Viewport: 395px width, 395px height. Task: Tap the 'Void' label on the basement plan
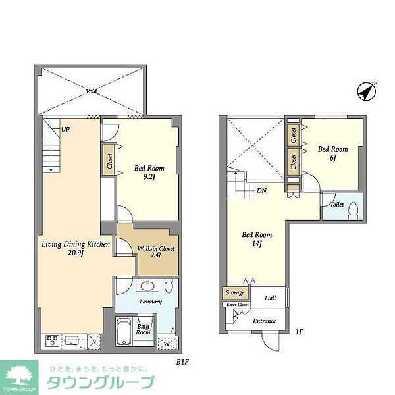tap(92, 91)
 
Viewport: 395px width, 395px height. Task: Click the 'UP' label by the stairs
tap(65, 130)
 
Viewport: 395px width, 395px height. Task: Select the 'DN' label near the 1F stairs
tap(262, 191)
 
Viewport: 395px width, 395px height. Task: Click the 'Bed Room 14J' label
tap(257, 239)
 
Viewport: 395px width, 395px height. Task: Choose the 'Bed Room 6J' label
tap(333, 154)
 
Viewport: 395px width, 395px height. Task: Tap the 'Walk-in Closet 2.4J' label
tap(155, 253)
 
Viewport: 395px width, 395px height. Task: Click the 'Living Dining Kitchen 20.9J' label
tap(71, 250)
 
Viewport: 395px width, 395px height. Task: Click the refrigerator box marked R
tap(95, 342)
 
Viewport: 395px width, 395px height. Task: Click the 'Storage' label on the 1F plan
tap(236, 293)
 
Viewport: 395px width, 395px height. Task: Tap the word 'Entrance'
tap(265, 321)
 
